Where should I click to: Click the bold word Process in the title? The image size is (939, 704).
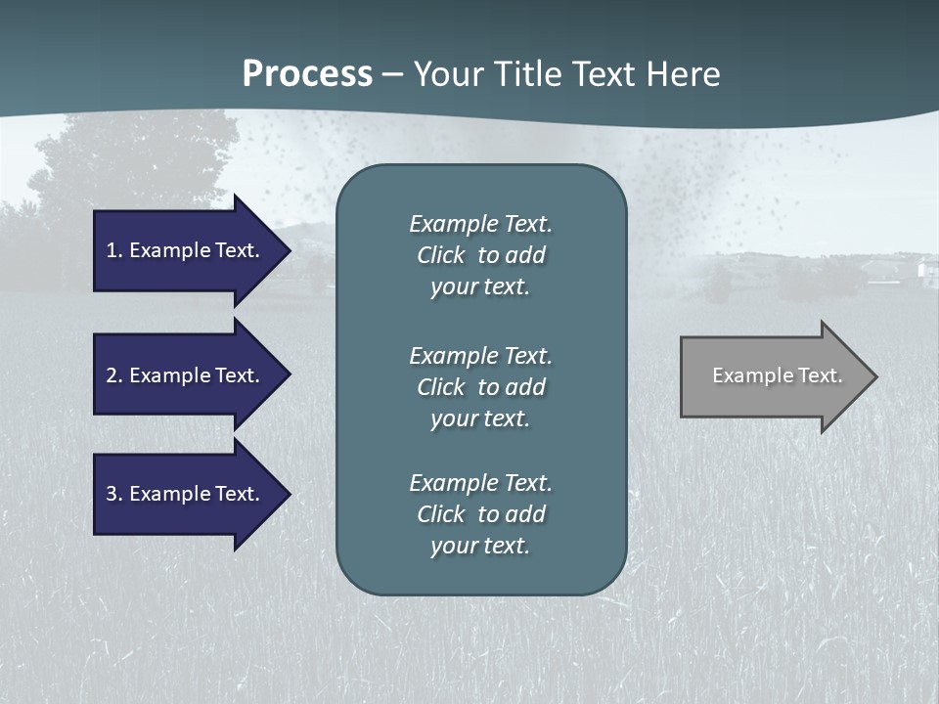(307, 74)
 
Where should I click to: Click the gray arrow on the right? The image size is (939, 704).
(773, 376)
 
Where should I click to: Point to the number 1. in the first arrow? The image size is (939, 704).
(114, 250)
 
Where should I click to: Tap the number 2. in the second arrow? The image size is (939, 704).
(114, 375)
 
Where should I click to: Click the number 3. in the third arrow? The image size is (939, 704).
(114, 494)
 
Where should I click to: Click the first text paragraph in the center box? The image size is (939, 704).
(480, 255)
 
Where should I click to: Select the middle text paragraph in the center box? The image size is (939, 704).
(480, 386)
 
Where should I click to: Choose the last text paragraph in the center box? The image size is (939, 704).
(480, 514)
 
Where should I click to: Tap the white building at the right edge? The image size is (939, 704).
(925, 270)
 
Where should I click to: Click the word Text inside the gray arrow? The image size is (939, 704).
(821, 375)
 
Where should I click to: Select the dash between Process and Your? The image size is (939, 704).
(392, 74)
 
